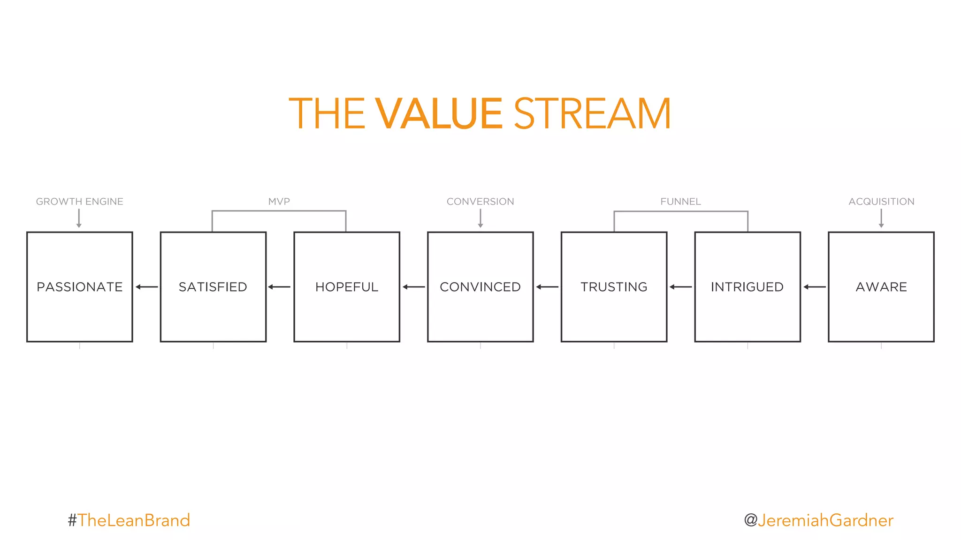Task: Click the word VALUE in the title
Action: tap(439, 113)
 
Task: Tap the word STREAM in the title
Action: tap(592, 113)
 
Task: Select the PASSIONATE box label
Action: tap(80, 287)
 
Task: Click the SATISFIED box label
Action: tap(213, 287)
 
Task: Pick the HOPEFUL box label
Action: tap(347, 287)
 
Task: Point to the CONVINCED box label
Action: tap(480, 287)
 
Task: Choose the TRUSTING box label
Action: tap(614, 287)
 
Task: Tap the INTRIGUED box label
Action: tap(747, 287)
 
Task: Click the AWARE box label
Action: tap(881, 287)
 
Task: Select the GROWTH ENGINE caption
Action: tap(80, 202)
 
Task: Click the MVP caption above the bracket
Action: tap(279, 202)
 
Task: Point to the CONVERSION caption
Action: tap(480, 202)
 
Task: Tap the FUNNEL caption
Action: tap(680, 202)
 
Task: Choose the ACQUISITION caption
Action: tap(881, 202)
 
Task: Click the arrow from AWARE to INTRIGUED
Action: tap(814, 287)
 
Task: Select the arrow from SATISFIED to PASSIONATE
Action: tap(146, 287)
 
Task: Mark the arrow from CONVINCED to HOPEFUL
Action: tap(413, 287)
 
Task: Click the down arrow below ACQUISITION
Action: tap(881, 218)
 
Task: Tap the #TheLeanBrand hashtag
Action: tap(129, 520)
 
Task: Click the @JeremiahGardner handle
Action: tap(818, 520)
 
